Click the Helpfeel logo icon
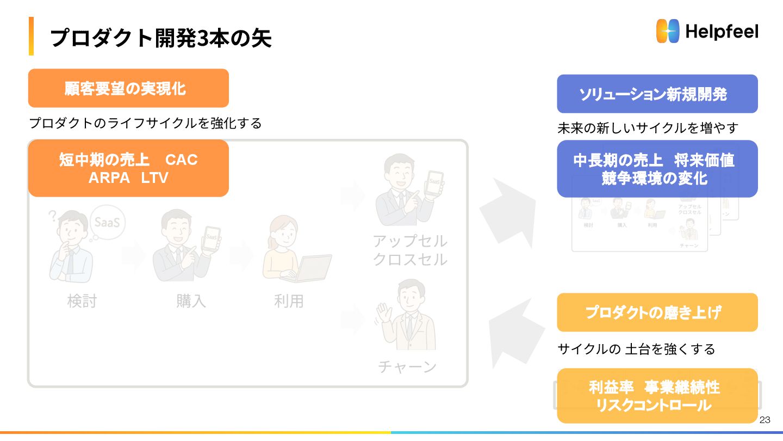click(x=668, y=31)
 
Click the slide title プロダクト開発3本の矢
click(x=160, y=38)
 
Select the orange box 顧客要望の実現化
click(x=128, y=88)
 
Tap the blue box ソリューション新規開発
click(x=657, y=94)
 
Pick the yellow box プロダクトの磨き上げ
click(x=657, y=313)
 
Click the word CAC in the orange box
click(x=181, y=160)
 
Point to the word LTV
click(x=154, y=177)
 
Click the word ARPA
click(x=109, y=177)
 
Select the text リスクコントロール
click(x=657, y=405)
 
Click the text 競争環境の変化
click(x=657, y=178)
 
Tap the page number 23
click(x=765, y=420)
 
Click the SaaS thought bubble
click(x=108, y=222)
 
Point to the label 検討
click(x=82, y=301)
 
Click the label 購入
click(x=191, y=301)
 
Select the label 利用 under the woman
click(x=289, y=301)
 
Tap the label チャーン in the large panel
click(x=407, y=366)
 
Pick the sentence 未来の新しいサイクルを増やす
click(x=648, y=128)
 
